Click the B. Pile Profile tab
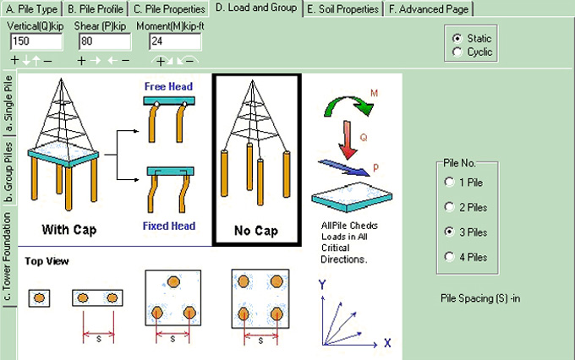click(95, 8)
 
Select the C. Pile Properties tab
click(167, 8)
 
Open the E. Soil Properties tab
click(341, 8)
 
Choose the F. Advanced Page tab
click(428, 8)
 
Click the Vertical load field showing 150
click(34, 41)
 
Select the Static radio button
click(457, 39)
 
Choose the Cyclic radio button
click(457, 52)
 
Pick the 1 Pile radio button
click(449, 182)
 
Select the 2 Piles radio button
click(449, 206)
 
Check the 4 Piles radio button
click(449, 256)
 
